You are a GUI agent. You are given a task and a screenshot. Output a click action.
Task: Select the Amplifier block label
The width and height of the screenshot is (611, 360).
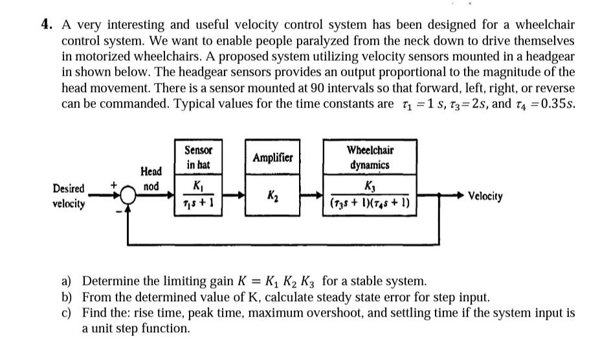272,157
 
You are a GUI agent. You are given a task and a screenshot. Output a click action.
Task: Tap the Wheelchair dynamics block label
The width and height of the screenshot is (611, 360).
370,157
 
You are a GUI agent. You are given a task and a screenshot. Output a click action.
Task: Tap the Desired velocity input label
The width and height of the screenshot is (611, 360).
69,196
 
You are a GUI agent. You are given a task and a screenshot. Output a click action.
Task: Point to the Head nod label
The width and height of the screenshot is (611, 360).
150,179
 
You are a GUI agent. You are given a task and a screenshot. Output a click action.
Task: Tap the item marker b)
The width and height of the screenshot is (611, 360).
67,298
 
